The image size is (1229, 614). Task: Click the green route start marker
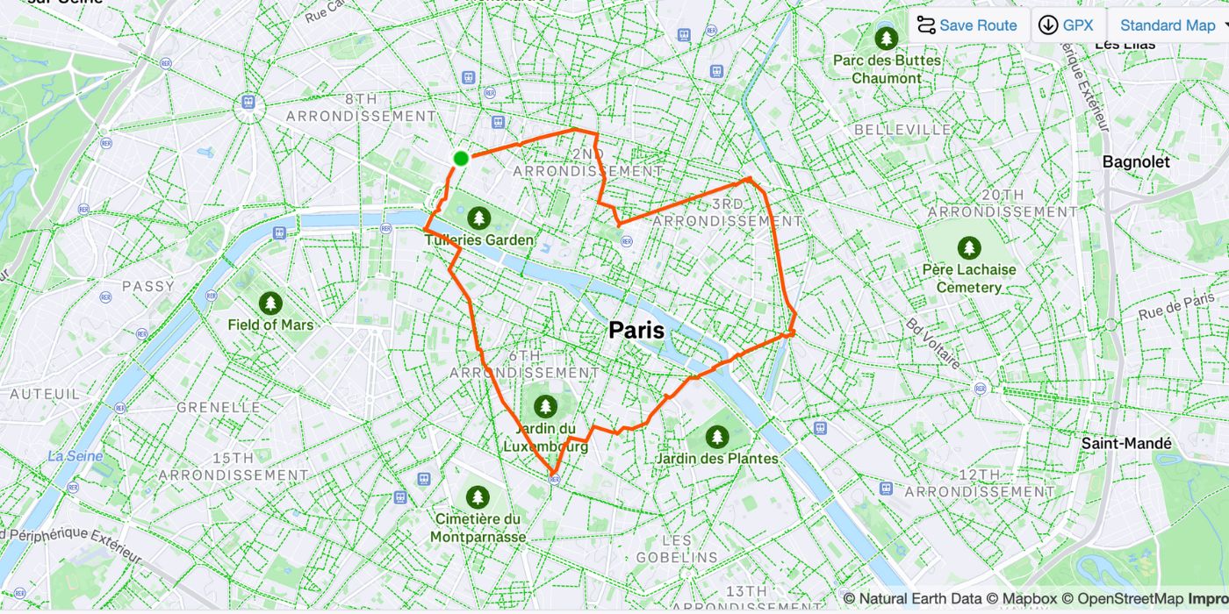tap(461, 158)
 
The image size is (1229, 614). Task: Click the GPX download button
tap(1067, 25)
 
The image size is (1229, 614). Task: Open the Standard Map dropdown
tap(1170, 25)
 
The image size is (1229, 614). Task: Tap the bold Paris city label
tap(636, 330)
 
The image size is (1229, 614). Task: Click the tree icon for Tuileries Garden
tap(478, 217)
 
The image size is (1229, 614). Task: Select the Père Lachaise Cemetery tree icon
tap(968, 247)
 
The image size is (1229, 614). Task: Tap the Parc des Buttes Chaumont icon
tap(887, 38)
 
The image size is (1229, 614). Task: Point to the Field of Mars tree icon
tap(270, 303)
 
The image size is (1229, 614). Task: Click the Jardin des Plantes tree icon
tap(717, 436)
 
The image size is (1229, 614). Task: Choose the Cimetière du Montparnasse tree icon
tap(478, 496)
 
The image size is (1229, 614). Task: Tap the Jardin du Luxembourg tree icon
tap(546, 406)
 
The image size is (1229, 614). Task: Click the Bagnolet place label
tap(1136, 161)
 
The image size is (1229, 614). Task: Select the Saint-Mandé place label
tap(1125, 443)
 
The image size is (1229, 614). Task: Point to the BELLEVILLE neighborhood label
tap(902, 129)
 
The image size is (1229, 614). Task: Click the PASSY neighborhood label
tap(148, 286)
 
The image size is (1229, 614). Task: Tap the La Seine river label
tap(75, 456)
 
